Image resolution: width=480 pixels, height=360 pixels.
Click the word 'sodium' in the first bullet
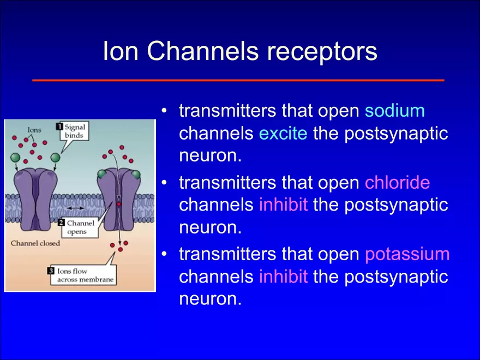394,111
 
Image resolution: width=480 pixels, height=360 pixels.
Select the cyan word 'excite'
283,134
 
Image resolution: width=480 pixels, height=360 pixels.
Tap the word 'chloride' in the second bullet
397,183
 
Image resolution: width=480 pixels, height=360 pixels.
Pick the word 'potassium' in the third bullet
407,254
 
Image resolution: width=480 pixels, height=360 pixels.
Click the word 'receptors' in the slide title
322,51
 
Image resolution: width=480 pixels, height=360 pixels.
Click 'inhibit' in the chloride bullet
283,205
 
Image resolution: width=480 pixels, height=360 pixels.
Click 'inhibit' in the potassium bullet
283,277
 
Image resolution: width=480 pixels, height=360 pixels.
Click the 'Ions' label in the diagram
34,130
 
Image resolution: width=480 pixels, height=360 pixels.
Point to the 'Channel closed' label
35,243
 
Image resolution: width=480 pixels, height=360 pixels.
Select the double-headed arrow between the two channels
75,209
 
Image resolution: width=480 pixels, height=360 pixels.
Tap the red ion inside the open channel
118,204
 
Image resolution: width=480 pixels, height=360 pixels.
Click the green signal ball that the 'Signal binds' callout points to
55,158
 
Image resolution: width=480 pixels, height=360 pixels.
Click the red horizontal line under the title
238,80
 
